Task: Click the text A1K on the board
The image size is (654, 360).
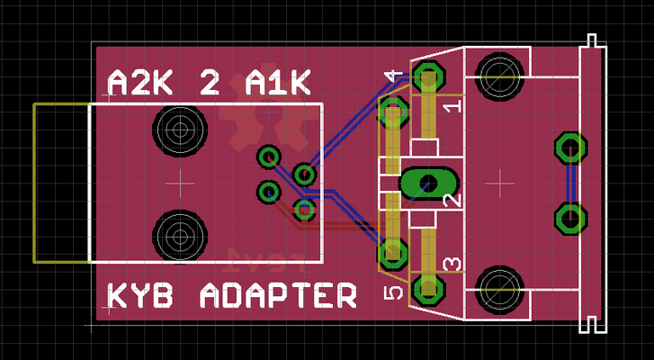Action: [x=277, y=84]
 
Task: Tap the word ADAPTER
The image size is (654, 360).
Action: [x=276, y=295]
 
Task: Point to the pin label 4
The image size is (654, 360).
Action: [x=393, y=80]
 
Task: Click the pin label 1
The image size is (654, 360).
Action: [x=452, y=105]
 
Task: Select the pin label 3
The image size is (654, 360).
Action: [x=452, y=264]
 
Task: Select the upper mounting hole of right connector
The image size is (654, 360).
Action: [x=497, y=73]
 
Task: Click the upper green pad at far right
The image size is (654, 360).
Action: [x=569, y=147]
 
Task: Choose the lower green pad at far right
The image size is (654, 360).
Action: [x=569, y=218]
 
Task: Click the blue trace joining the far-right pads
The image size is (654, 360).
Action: [x=569, y=183]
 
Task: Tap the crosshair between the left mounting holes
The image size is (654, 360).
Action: [x=182, y=183]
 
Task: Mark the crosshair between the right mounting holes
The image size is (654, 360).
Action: [x=497, y=183]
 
